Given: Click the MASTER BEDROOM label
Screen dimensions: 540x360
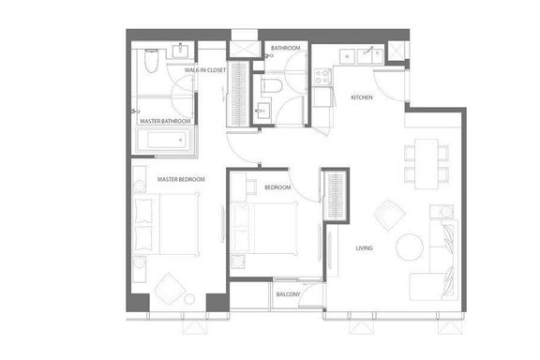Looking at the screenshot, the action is coord(181,179).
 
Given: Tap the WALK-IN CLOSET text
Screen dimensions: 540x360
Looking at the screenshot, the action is coord(205,70).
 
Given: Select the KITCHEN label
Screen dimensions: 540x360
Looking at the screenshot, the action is coord(362,97).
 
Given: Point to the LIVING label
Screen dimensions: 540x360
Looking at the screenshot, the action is coord(364,248).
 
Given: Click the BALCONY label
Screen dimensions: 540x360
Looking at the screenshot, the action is coord(288,294).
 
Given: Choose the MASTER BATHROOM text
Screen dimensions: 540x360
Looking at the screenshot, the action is coord(165,121).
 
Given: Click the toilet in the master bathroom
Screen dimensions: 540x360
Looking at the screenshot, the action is coord(151,61).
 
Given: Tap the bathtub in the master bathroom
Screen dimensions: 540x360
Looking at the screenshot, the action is coord(165,140).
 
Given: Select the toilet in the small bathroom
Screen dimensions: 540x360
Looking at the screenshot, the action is coord(272,85).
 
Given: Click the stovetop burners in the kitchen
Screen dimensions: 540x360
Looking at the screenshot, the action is coord(322,76).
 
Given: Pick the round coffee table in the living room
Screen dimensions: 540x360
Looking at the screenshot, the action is coord(410,247).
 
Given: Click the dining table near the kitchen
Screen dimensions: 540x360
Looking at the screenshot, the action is coord(427,164).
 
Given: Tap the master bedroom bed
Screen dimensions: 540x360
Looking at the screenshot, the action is coord(166,224).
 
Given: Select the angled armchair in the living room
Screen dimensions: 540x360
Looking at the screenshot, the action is coord(390,215).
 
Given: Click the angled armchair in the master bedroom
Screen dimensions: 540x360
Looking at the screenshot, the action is coord(170,289).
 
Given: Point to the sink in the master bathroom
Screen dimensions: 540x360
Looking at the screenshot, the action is coord(180,51).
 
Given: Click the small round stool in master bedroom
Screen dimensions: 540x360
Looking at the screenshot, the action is coord(189,299).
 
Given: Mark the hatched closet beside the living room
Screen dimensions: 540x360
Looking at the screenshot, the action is coord(336,196).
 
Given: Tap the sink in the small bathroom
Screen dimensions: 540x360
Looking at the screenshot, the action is coord(262,111).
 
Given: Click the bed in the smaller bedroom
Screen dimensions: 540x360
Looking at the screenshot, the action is coord(264,229).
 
